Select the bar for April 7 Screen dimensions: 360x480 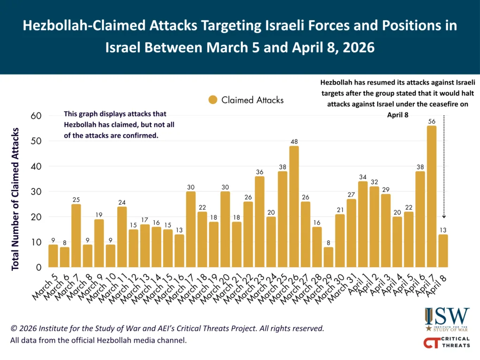[x=432, y=197]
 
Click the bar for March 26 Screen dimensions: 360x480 [x=294, y=207]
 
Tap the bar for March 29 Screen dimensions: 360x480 [x=328, y=257]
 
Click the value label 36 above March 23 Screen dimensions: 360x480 [x=260, y=172]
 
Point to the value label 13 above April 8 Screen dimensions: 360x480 [x=443, y=230]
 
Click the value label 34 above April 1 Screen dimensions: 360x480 [x=363, y=177]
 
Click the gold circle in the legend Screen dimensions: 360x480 [x=213, y=100]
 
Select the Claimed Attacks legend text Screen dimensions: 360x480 [x=252, y=100]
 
